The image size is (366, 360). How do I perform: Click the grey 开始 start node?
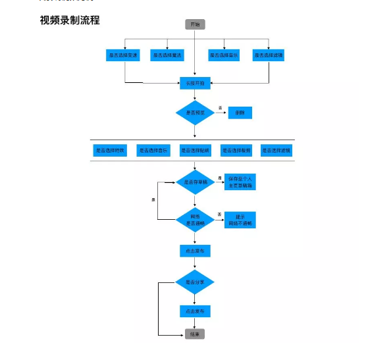coord(195,24)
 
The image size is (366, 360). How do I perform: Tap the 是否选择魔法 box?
coord(167,55)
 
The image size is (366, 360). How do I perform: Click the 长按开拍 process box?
coord(195,83)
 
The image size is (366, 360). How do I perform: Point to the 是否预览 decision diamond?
coord(195,113)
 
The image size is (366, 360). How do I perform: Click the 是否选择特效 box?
coord(109,150)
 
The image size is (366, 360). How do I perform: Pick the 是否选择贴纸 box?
coord(195,150)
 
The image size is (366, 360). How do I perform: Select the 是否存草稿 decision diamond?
coord(195,182)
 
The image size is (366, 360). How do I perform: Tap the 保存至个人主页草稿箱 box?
coord(240,182)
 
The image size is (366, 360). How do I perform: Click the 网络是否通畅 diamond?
coord(195,219)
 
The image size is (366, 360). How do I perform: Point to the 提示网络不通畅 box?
coord(240,220)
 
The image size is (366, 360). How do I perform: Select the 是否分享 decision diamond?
coord(195,282)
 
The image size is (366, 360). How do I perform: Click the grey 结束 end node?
coord(195,334)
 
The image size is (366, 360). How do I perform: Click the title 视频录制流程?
coord(70,20)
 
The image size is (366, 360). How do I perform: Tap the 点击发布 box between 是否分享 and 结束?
coord(195,311)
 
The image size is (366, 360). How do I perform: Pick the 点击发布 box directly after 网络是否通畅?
coord(195,251)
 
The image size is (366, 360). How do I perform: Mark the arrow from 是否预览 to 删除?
coord(222,113)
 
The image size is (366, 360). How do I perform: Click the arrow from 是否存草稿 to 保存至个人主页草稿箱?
coord(220,182)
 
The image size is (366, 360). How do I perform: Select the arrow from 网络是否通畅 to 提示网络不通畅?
coord(220,219)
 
